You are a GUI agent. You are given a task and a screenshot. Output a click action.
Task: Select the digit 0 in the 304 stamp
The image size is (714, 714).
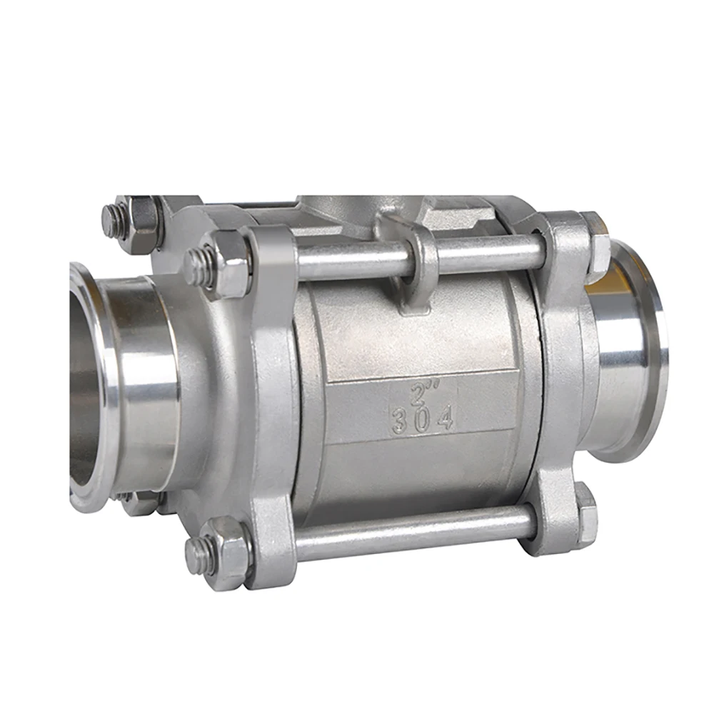[422, 421]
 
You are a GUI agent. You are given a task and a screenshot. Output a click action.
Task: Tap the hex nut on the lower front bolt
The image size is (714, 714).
[227, 552]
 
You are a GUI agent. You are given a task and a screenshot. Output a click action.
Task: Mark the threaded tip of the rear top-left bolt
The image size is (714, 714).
[112, 220]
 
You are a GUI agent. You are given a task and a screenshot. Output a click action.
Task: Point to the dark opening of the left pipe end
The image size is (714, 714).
[84, 386]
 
